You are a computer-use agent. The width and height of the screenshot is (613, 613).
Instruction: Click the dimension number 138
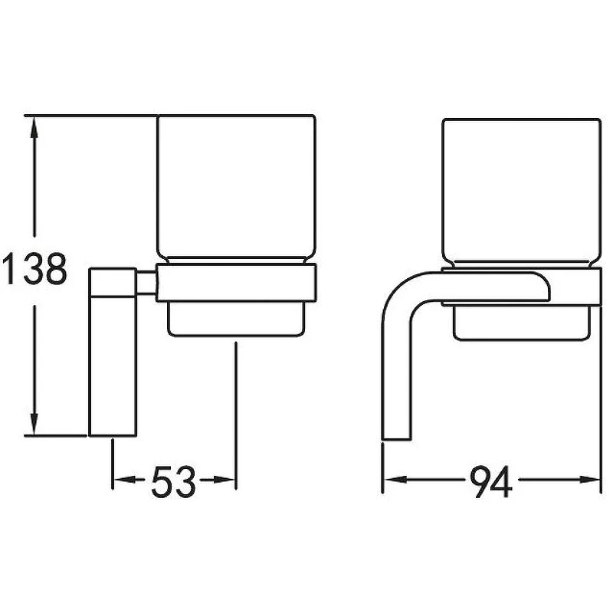[x=34, y=268]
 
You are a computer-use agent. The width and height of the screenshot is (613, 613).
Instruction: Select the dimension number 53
[x=173, y=481]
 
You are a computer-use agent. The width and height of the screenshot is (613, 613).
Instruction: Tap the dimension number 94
[x=490, y=481]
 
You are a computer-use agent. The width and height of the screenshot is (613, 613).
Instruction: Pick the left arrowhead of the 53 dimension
[x=123, y=480]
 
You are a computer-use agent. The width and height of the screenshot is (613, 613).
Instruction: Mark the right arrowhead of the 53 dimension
[x=225, y=480]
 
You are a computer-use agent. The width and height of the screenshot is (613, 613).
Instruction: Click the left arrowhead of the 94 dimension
[x=394, y=480]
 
